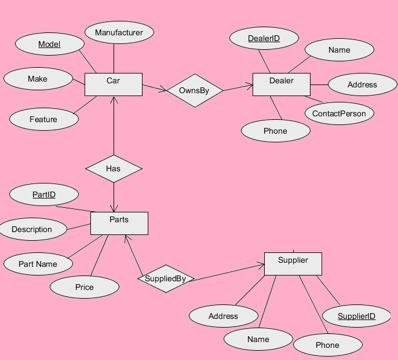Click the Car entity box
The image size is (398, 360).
(113, 84)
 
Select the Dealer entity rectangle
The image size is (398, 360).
(282, 84)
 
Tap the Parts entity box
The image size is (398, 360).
(119, 223)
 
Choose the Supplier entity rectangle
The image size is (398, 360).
(293, 263)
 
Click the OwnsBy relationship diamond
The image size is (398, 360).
(194, 90)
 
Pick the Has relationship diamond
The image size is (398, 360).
(114, 168)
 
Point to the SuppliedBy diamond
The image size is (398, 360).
(166, 278)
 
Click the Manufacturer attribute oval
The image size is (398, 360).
(119, 33)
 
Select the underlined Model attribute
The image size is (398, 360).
(49, 45)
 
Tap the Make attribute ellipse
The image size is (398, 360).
(38, 79)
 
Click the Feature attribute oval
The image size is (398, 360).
(43, 119)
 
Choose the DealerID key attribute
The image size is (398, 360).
(264, 39)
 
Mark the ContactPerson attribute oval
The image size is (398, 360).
(339, 113)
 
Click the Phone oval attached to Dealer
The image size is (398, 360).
(275, 131)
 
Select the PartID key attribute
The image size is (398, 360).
(44, 194)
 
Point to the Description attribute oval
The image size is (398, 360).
(32, 229)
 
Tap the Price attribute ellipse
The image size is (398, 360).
(84, 287)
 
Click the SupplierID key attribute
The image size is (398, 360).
(356, 316)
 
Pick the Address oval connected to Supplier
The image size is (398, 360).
(223, 316)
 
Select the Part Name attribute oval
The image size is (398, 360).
(38, 264)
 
